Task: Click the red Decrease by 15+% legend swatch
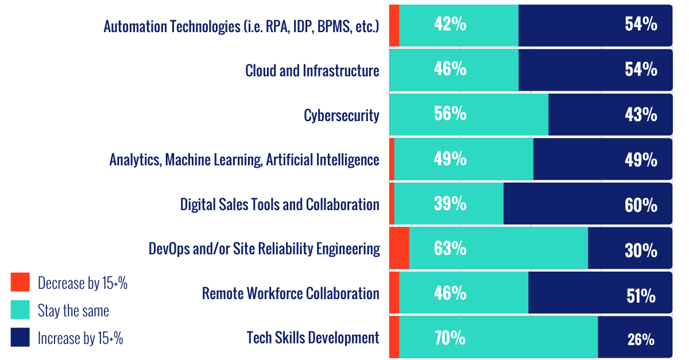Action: pos(20,282)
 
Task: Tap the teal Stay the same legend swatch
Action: pos(20,310)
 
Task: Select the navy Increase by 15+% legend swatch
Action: pos(20,337)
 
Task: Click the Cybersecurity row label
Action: pos(342,115)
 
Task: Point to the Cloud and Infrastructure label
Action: pos(312,71)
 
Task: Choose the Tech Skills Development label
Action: pos(312,338)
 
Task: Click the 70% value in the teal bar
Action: pos(450,338)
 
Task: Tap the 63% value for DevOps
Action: pos(450,249)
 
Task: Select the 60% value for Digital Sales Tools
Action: pos(641,205)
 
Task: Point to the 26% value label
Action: pos(641,339)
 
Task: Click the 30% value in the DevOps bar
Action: pos(641,250)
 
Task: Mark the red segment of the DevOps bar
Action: pos(399,248)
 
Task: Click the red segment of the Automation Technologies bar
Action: pos(394,26)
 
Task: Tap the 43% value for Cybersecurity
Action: pos(641,115)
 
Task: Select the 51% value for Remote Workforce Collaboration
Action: pos(641,296)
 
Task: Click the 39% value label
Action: pos(450,204)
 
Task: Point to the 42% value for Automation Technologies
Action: pos(450,25)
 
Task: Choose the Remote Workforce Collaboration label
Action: pos(291,293)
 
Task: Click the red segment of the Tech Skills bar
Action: pos(394,338)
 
